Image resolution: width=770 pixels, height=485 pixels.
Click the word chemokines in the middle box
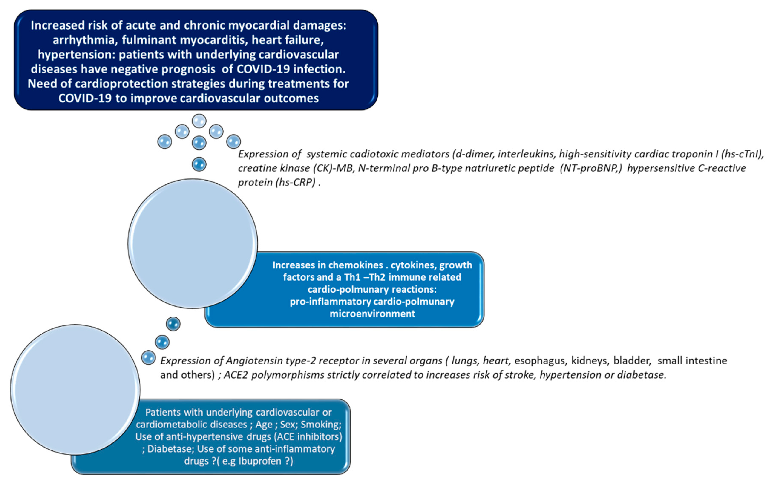(x=355, y=265)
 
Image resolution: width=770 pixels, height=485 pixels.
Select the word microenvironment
(x=372, y=314)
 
